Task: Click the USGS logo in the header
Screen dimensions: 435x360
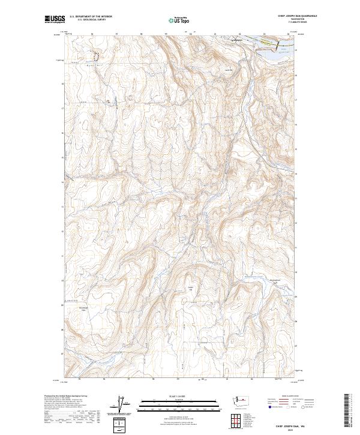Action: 55,20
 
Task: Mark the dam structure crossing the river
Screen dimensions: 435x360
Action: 278,46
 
